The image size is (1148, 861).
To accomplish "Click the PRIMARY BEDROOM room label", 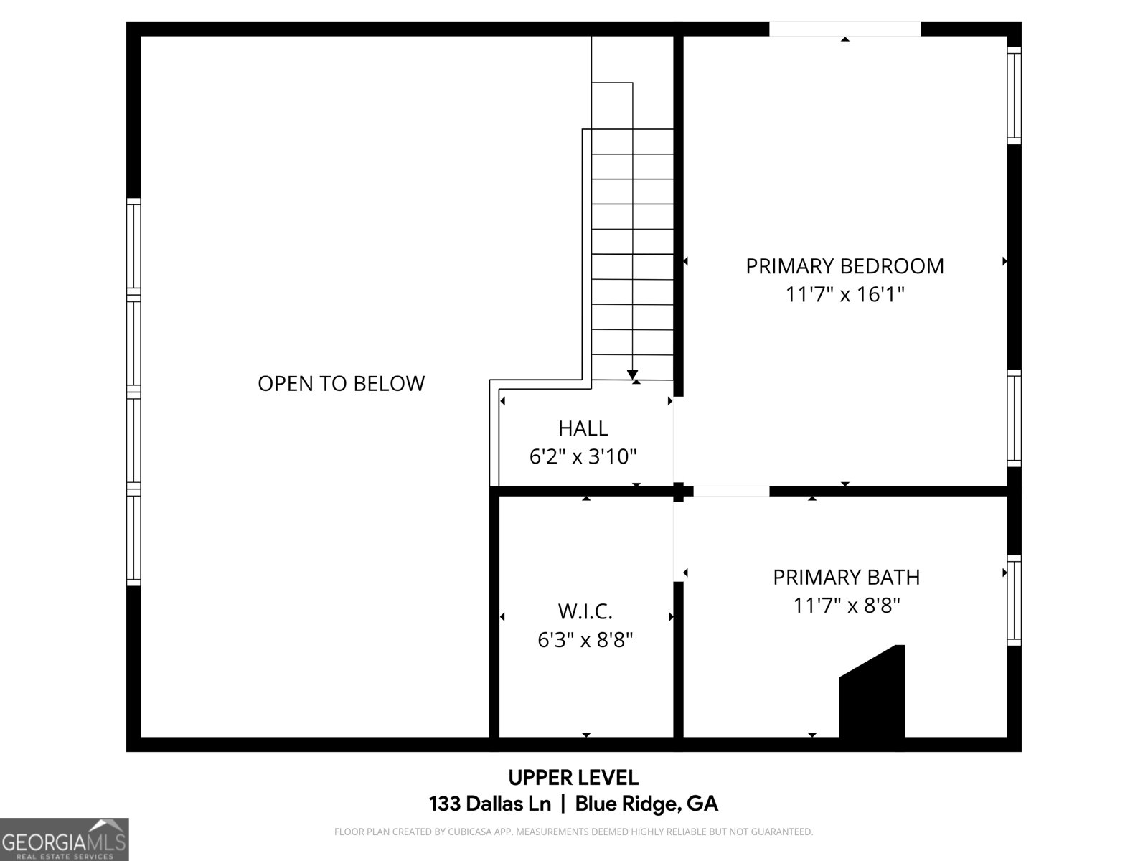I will [x=844, y=266].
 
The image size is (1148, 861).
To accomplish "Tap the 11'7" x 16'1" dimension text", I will [x=844, y=295].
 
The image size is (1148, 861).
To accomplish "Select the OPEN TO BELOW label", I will [x=341, y=384].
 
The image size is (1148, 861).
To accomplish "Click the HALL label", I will [x=583, y=428].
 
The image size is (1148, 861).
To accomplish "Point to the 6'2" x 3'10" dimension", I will [x=583, y=456].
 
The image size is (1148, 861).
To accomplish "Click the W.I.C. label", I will [x=585, y=612].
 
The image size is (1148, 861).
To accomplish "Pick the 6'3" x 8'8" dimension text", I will [x=585, y=640].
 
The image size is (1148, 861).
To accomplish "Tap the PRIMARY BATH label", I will [x=846, y=578].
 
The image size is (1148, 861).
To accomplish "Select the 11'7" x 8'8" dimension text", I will [x=846, y=606].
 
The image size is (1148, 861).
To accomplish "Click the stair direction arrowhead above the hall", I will [x=632, y=375].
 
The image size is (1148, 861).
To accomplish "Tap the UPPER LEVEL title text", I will [x=573, y=778].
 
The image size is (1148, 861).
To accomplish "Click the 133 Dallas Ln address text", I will [x=489, y=804].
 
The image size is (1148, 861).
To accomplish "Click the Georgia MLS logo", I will [x=64, y=839].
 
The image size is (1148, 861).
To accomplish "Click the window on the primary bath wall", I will [x=1014, y=600].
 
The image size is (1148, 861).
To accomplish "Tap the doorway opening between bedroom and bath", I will [x=731, y=491].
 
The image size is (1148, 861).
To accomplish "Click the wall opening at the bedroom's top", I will [x=844, y=29].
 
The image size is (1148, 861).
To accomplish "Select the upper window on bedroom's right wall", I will [x=1014, y=95].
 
